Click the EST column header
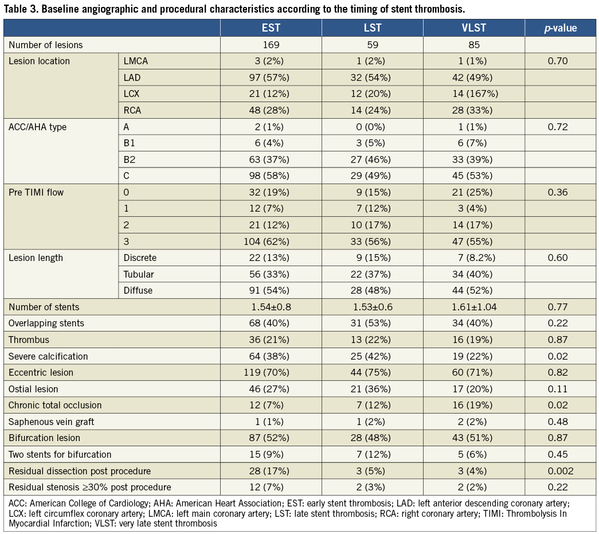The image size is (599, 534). click(x=271, y=28)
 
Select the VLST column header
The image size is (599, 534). click(x=473, y=28)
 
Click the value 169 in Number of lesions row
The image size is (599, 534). click(x=271, y=45)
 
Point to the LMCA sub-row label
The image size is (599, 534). click(x=136, y=61)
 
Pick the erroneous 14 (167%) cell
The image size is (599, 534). click(x=473, y=93)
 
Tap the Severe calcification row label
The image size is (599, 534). click(x=48, y=356)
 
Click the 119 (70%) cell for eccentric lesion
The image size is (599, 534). click(x=271, y=372)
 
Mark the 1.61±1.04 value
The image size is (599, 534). click(x=473, y=307)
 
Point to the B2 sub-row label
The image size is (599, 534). click(x=130, y=159)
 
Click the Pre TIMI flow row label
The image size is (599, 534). click(x=36, y=192)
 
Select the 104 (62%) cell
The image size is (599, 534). click(x=271, y=241)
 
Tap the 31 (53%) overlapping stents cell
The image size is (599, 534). click(x=373, y=323)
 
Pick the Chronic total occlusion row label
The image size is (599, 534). click(x=55, y=405)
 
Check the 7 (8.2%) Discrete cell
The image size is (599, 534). click(x=473, y=258)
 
